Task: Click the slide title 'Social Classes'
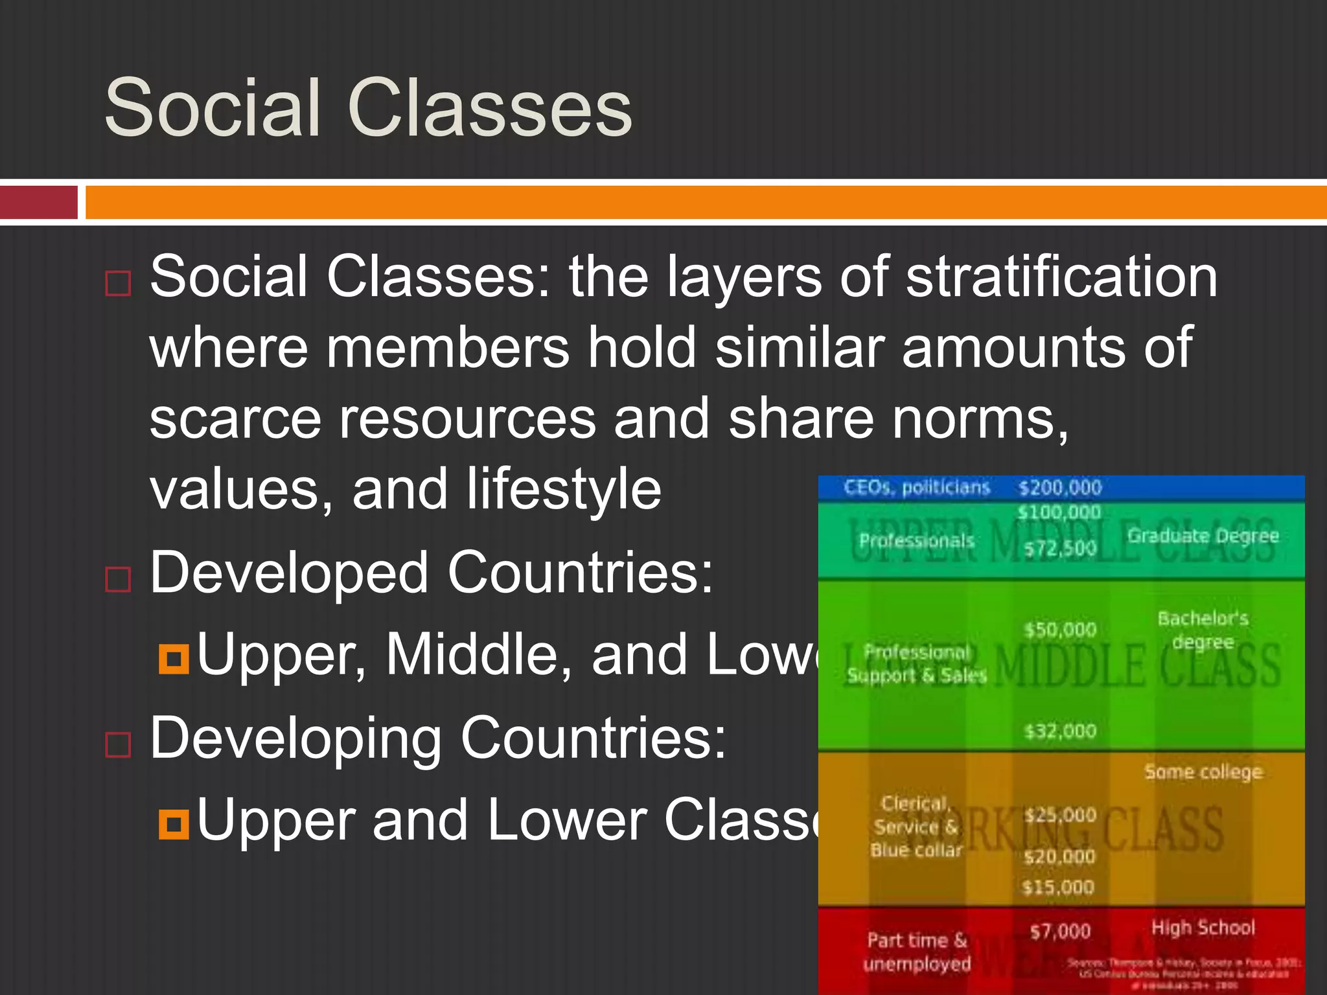[367, 108]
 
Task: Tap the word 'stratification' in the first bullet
[1061, 277]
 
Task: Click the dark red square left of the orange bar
[39, 202]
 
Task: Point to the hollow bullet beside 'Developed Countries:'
[118, 578]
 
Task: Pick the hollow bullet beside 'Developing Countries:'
[118, 744]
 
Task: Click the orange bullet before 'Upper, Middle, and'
[174, 659]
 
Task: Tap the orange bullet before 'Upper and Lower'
[174, 825]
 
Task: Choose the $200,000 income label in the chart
[1060, 487]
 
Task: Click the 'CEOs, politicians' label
[917, 487]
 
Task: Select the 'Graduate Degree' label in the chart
[1203, 536]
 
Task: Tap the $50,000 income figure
[1060, 630]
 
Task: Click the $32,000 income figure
[1060, 731]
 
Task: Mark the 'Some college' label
[1203, 772]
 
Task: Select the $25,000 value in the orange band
[1060, 815]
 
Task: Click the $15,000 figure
[1057, 887]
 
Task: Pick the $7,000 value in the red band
[1060, 932]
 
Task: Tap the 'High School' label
[1203, 928]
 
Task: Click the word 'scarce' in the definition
[235, 419]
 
